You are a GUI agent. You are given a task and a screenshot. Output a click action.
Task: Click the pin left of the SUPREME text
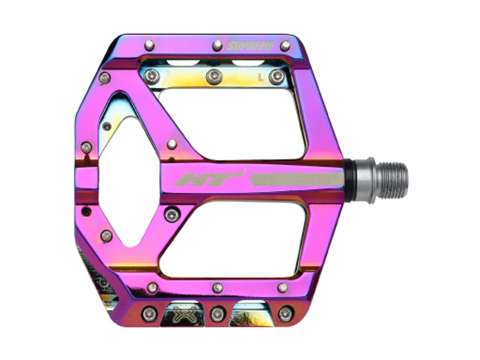click(x=217, y=46)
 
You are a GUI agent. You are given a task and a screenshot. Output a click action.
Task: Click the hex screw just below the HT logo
click(x=171, y=214)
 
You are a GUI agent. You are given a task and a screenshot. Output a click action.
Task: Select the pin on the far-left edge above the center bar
click(x=87, y=147)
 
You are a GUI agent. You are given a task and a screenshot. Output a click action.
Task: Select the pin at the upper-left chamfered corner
click(x=105, y=78)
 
